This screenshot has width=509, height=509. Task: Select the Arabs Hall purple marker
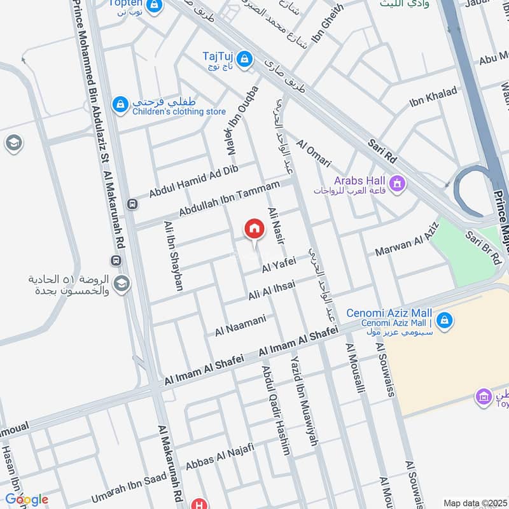pos(398,185)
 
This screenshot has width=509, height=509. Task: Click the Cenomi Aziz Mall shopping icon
pos(445,319)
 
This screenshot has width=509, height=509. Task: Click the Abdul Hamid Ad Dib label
pos(193,181)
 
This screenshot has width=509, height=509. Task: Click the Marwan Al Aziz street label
pos(407,245)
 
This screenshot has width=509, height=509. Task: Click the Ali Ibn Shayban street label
pos(173,256)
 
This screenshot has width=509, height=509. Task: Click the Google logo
pos(27,499)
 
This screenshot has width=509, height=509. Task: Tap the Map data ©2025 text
pos(474,503)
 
